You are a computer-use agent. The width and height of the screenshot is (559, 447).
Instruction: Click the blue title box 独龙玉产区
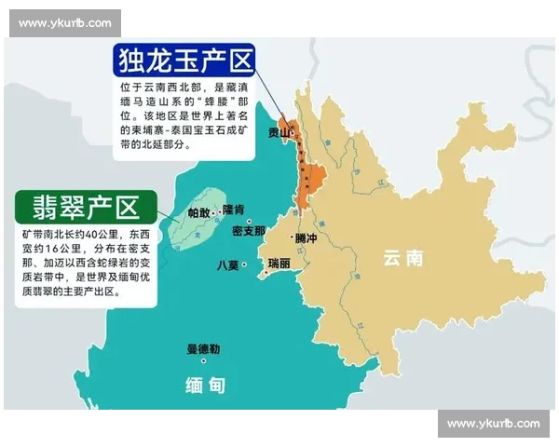(185, 61)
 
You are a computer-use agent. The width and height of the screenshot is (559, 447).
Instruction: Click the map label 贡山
(278, 133)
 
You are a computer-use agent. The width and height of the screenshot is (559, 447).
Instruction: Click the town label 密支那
(248, 230)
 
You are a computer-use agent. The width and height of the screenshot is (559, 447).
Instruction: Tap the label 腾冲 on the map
(306, 238)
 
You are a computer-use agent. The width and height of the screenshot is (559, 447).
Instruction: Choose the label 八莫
(227, 264)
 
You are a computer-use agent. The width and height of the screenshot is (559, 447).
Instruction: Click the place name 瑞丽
(278, 264)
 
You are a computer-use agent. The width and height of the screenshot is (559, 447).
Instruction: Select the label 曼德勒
(203, 349)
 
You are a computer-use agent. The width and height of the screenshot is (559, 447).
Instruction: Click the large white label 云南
(403, 258)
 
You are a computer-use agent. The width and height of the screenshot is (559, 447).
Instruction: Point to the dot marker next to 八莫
(244, 264)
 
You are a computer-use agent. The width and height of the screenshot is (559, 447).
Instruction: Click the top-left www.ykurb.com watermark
(66, 22)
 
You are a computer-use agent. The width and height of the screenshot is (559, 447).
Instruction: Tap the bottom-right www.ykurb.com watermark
(493, 424)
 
